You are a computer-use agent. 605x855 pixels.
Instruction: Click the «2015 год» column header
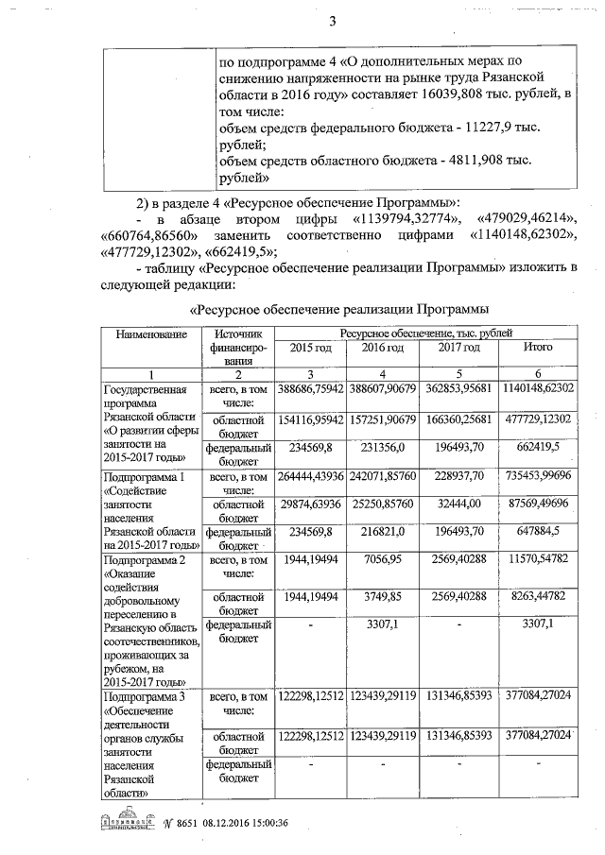click(310, 348)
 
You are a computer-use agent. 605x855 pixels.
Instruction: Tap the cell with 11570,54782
click(538, 560)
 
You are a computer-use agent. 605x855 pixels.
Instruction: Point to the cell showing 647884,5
click(538, 534)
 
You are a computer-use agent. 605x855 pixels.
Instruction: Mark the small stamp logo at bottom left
click(125, 824)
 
